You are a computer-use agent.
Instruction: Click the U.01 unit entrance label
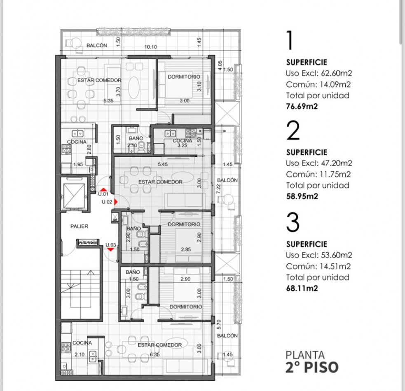(x=103, y=193)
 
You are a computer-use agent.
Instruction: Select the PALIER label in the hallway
(x=79, y=226)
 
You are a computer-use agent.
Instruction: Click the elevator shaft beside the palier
(x=74, y=194)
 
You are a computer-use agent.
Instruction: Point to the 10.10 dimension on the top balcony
(x=150, y=47)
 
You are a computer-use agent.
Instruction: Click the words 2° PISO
(x=312, y=367)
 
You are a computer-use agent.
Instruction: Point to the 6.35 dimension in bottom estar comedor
(x=155, y=354)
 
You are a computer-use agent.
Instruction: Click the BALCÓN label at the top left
(x=96, y=46)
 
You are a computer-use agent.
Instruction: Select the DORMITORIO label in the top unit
(x=184, y=77)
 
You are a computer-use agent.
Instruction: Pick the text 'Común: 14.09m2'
(x=318, y=85)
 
